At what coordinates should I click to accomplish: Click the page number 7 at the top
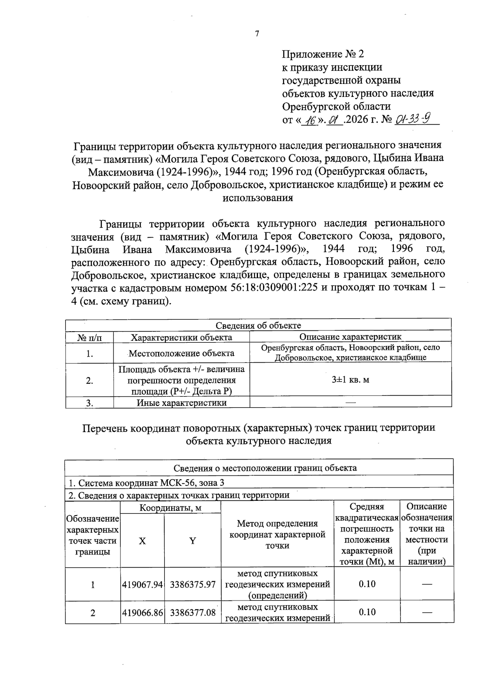point(257,34)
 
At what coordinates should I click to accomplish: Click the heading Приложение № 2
point(323,54)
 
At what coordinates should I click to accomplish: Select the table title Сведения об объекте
point(258,326)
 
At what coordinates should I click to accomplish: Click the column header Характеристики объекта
point(182,338)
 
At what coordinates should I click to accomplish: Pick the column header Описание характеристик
point(350,337)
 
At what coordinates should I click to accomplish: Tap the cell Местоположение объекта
point(182,353)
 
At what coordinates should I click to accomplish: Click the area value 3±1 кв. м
point(350,380)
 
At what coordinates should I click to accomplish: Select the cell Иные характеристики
point(182,403)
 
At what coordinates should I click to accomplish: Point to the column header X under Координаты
point(142,541)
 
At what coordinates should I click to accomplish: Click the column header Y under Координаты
point(192,541)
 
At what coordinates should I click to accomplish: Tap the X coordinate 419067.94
point(143,585)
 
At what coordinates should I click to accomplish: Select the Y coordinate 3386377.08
point(193,613)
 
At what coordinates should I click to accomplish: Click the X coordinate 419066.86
point(143,613)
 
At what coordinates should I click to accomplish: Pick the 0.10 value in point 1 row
point(367,584)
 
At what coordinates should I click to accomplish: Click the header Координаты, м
point(170,508)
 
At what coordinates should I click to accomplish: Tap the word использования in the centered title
point(258,198)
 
